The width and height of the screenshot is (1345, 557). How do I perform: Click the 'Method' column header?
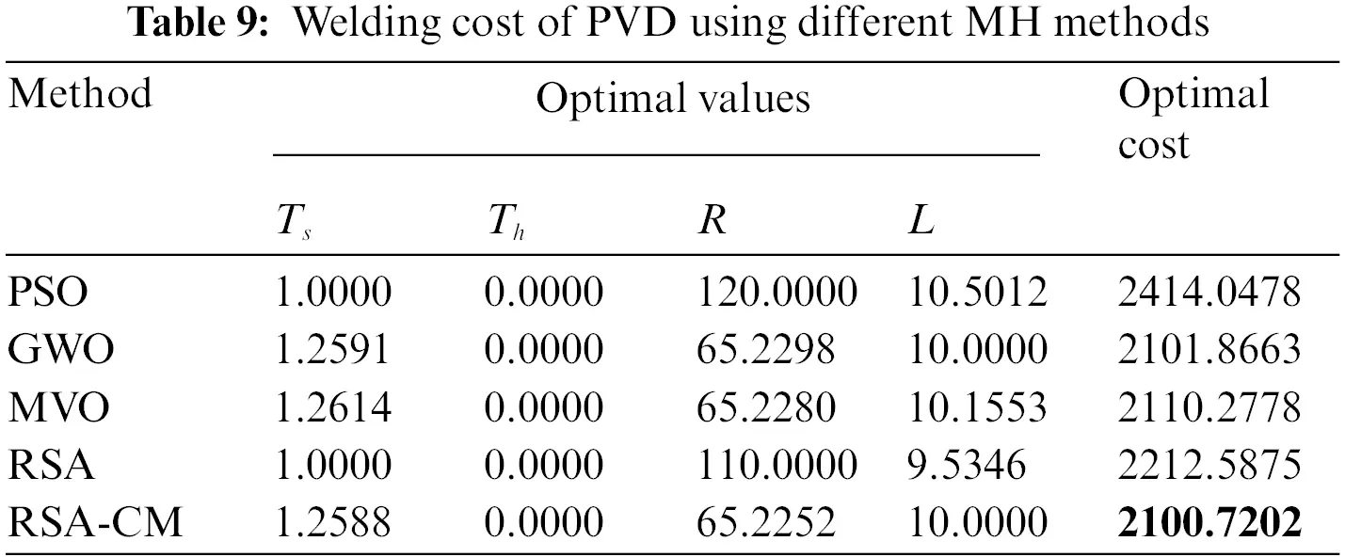click(x=80, y=95)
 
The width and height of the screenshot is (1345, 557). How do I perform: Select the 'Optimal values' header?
click(x=672, y=98)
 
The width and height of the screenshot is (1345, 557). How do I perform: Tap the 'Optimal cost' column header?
click(x=1193, y=119)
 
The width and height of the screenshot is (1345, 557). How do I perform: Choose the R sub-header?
click(x=712, y=223)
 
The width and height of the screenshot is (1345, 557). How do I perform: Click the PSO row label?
click(x=48, y=293)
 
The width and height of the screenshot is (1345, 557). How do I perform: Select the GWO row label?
click(x=61, y=350)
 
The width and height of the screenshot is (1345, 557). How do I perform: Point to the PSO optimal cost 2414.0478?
click(x=1209, y=293)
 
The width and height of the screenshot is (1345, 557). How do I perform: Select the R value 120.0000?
click(x=777, y=293)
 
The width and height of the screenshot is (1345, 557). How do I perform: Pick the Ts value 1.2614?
click(x=331, y=407)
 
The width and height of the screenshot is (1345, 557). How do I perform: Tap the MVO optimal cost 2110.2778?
click(x=1209, y=407)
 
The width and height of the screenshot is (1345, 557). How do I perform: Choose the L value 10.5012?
click(x=976, y=293)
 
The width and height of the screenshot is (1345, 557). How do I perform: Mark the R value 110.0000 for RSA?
click(x=777, y=465)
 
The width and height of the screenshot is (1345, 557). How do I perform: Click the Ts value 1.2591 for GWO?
click(x=331, y=350)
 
